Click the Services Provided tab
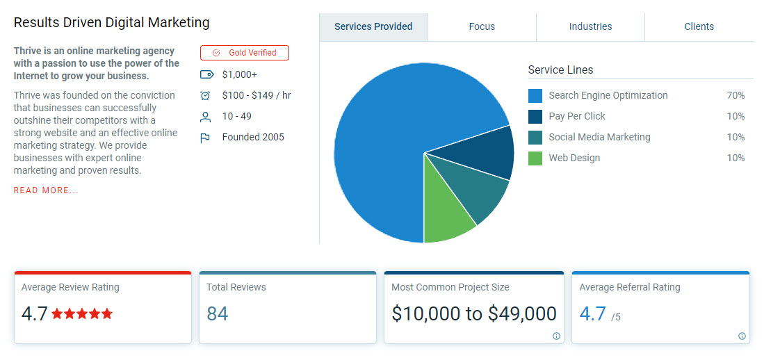(x=373, y=26)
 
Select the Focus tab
(x=482, y=26)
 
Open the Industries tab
(x=590, y=26)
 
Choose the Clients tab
(x=699, y=26)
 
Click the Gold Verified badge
(x=244, y=53)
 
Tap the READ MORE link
(x=46, y=190)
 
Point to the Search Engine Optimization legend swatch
(x=535, y=96)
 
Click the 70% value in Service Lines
(x=735, y=96)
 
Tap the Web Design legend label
(x=574, y=158)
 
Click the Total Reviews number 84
(x=217, y=314)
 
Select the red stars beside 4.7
(x=82, y=314)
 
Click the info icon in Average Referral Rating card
(x=742, y=336)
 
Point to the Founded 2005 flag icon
(x=205, y=138)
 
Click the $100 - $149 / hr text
(x=257, y=95)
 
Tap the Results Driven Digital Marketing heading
(x=111, y=22)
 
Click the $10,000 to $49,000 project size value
(x=474, y=314)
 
